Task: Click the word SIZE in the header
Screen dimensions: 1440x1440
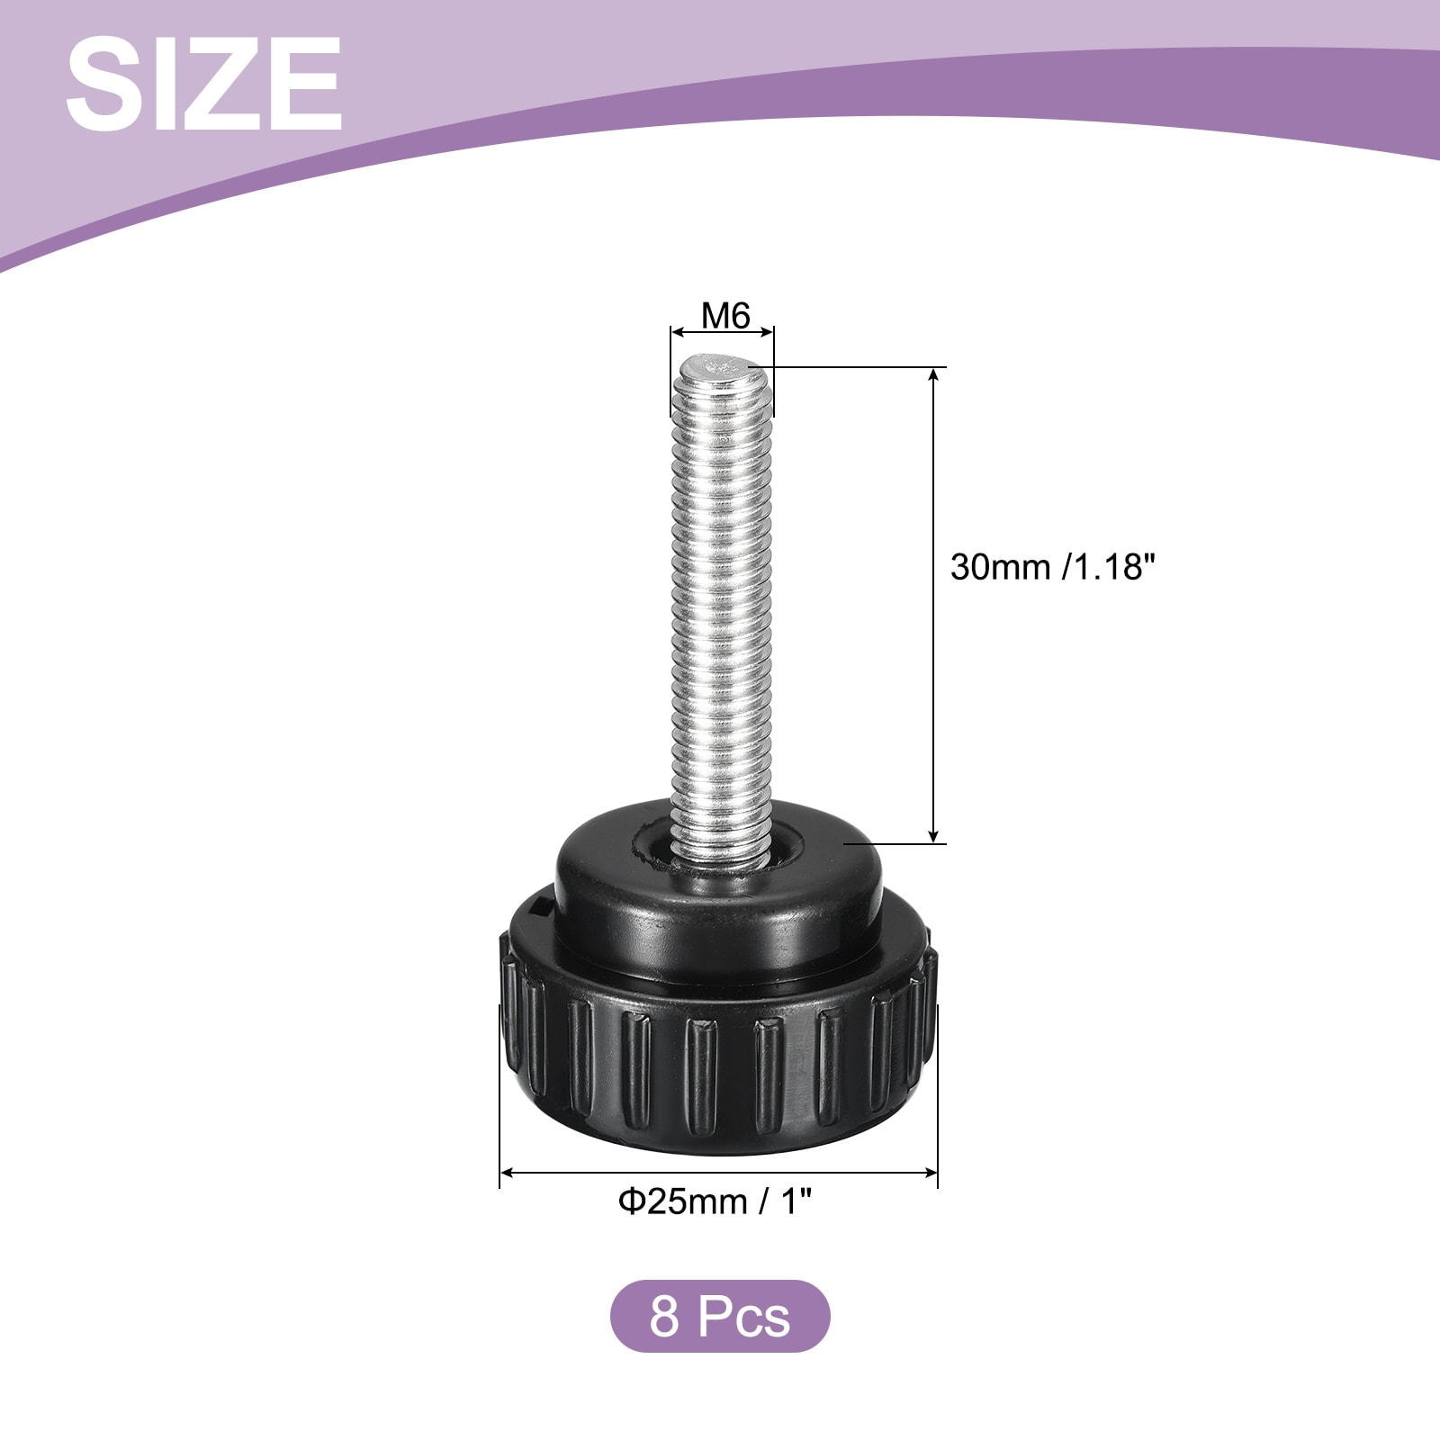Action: pyautogui.click(x=203, y=85)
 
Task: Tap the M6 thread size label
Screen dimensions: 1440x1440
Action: pyautogui.click(x=725, y=316)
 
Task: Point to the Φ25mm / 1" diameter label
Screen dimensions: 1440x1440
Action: pyautogui.click(x=719, y=1201)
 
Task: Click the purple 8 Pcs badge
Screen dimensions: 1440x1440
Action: pyautogui.click(x=720, y=1317)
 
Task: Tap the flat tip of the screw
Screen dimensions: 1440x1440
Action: pyautogui.click(x=723, y=367)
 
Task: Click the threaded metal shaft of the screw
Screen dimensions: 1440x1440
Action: pyautogui.click(x=722, y=612)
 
